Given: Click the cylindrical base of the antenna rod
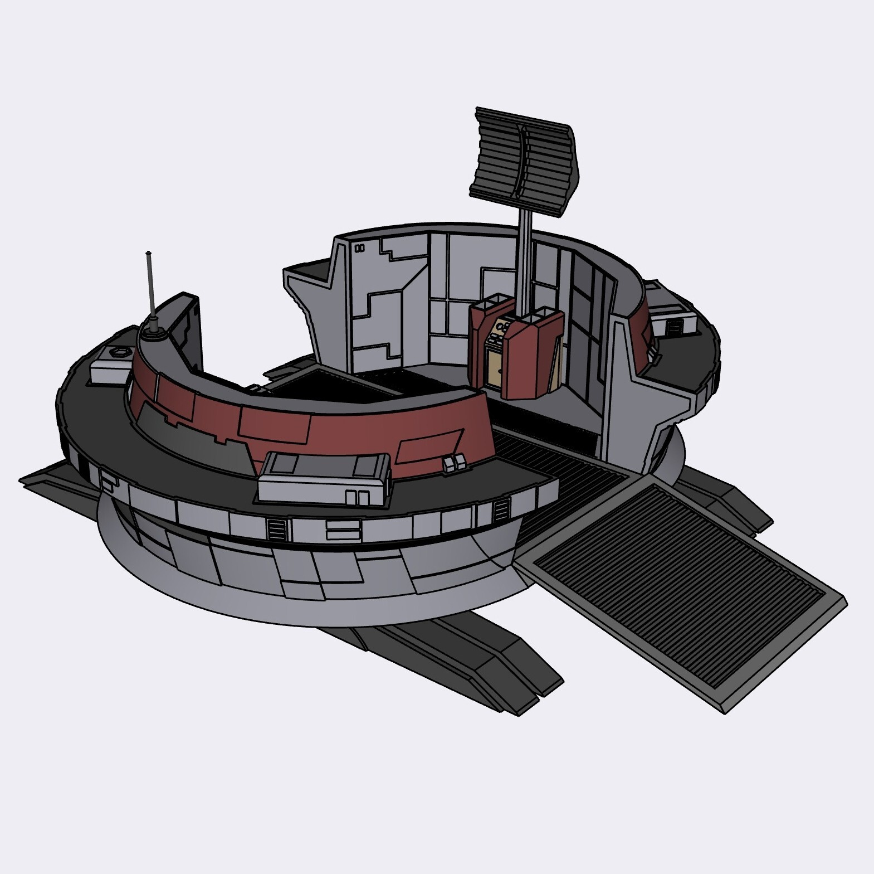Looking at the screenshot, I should pos(153,332).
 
